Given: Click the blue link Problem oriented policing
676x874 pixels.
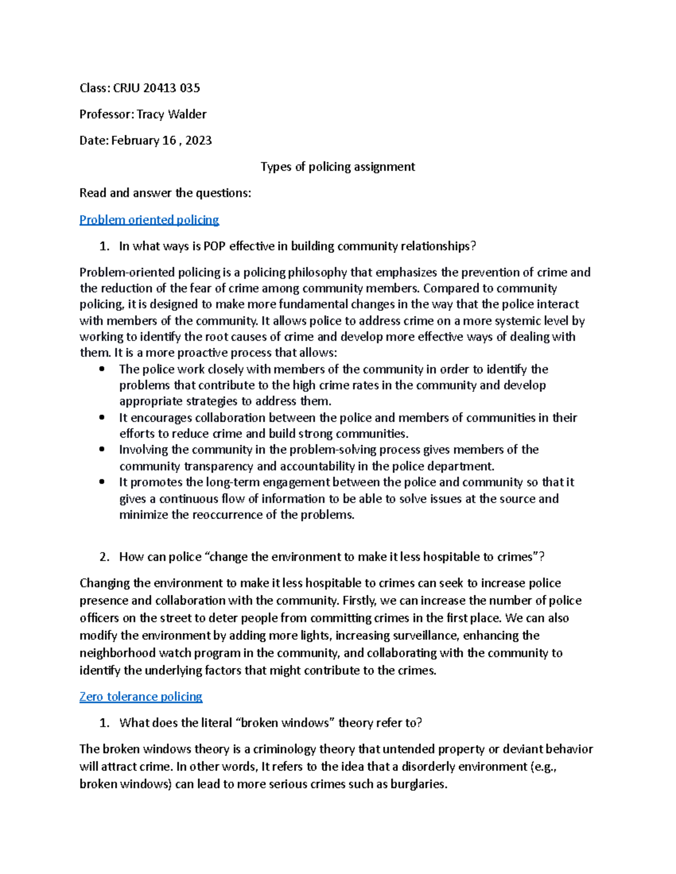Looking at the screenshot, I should click(149, 219).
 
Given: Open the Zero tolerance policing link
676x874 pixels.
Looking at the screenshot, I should click(141, 697).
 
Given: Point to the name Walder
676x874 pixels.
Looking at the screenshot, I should click(187, 114).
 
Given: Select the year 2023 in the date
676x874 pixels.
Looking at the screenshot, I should click(198, 141).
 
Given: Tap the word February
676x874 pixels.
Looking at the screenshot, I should click(135, 141).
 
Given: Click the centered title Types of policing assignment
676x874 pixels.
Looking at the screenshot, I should click(337, 167).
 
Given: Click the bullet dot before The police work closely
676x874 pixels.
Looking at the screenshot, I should click(102, 369).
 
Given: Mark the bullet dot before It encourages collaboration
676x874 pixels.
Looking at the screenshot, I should click(102, 418).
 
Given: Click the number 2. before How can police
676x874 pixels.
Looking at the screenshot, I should click(104, 557).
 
